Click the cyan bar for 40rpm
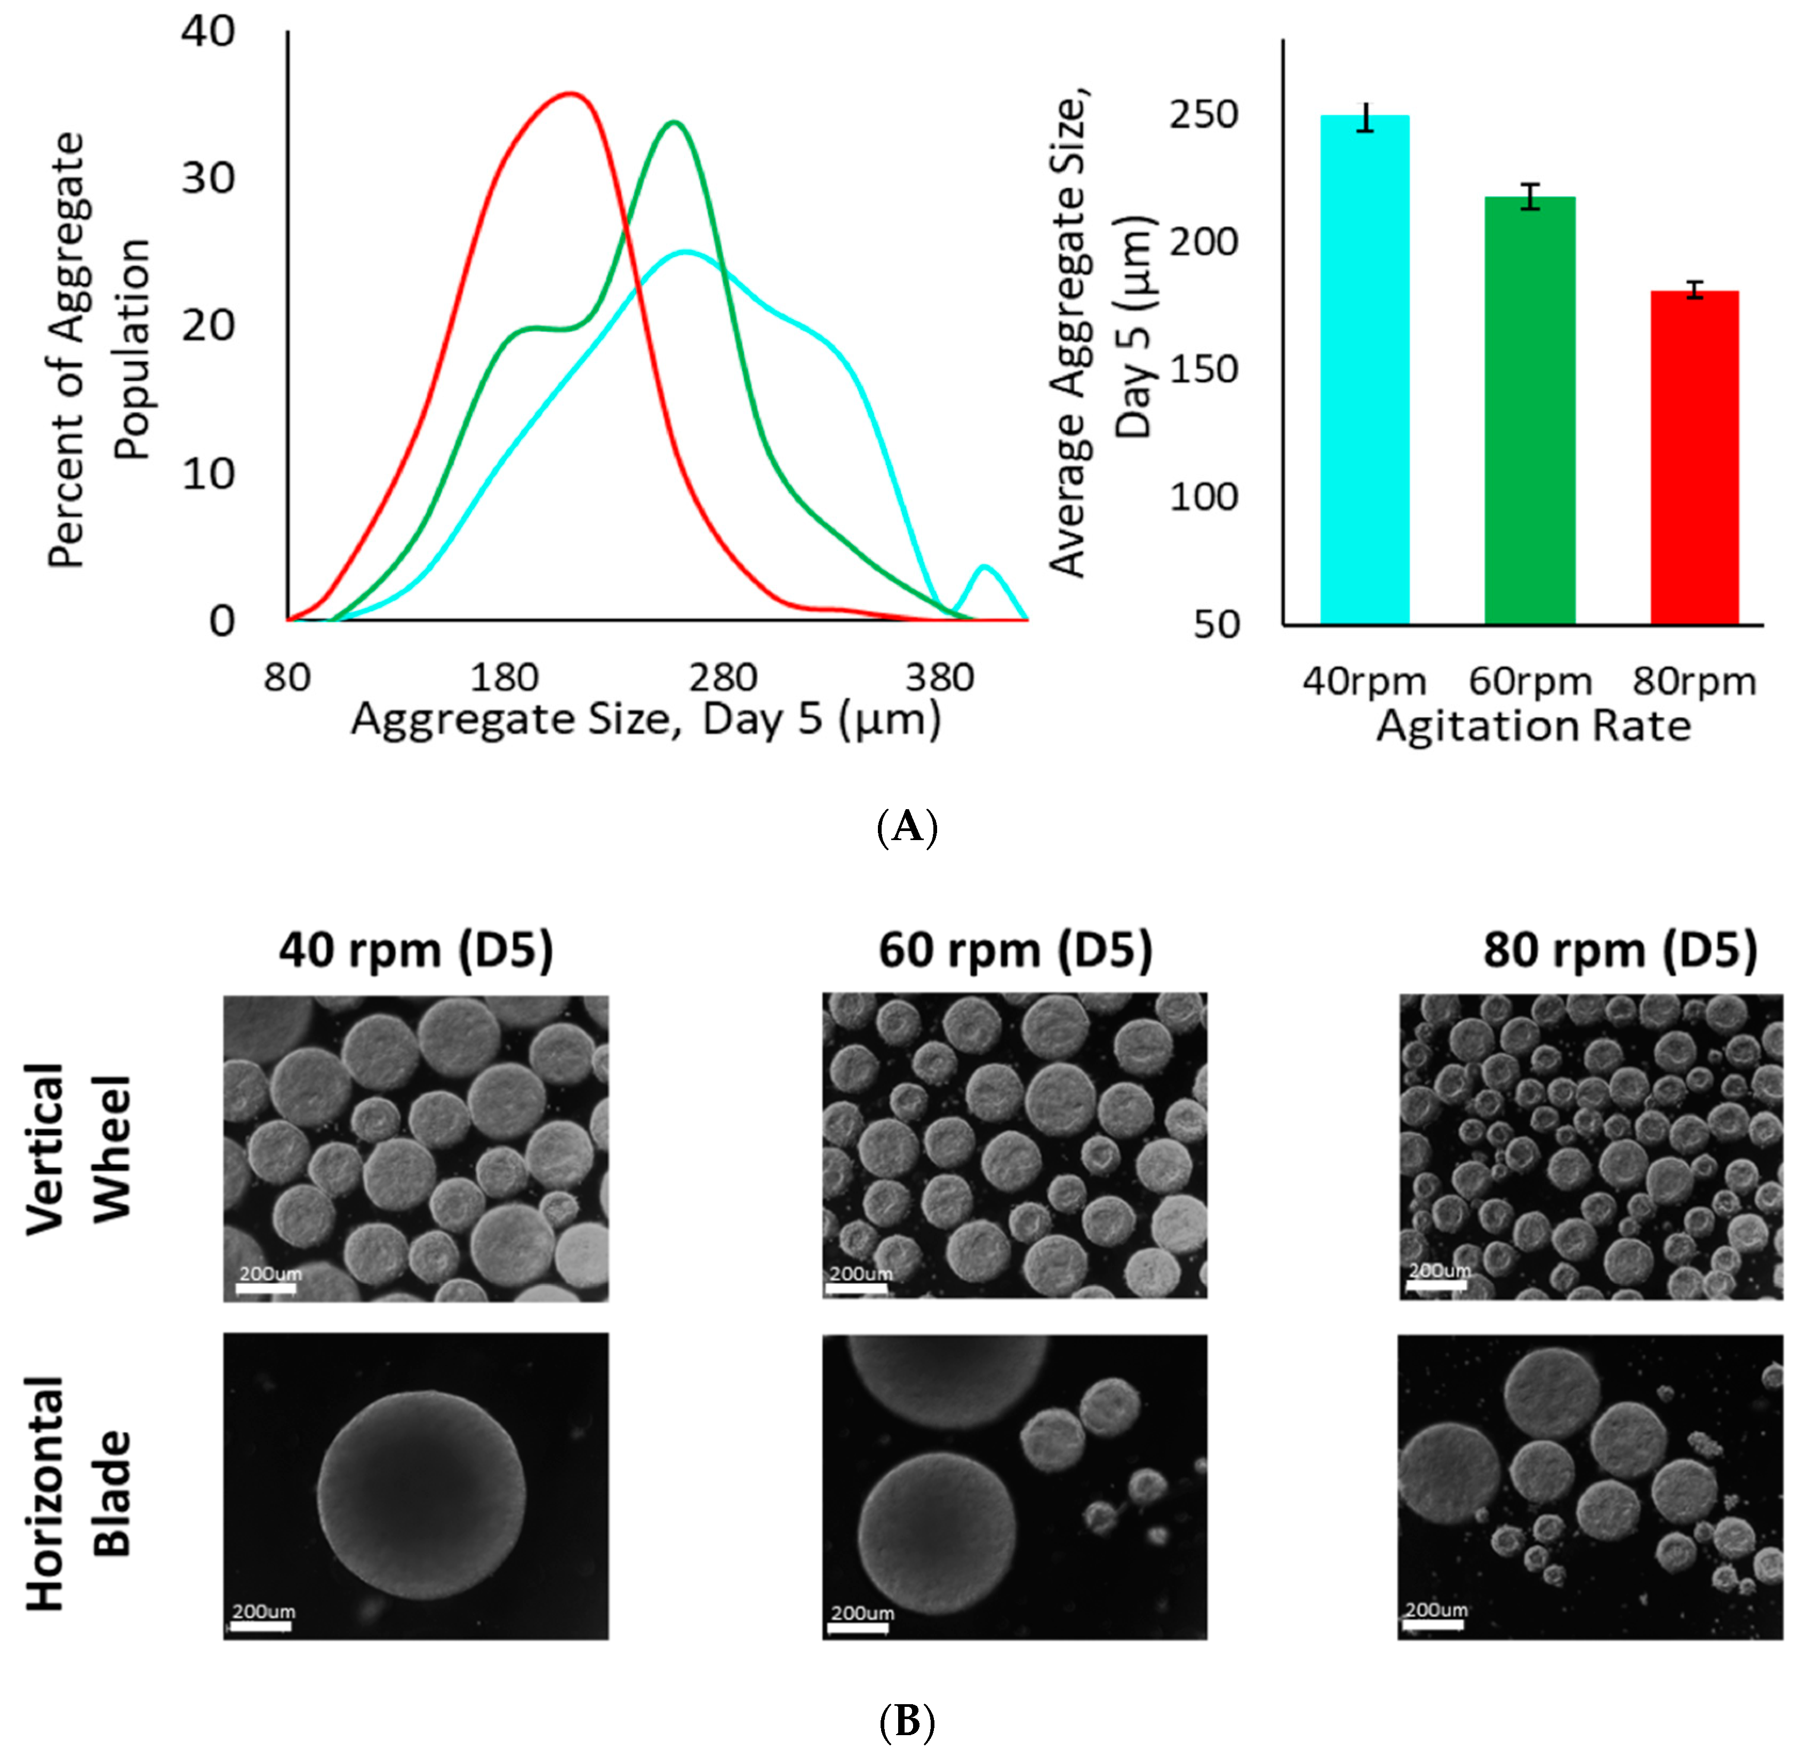point(1364,369)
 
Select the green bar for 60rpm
point(1530,411)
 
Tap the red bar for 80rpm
point(1694,457)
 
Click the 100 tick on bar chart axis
point(1203,497)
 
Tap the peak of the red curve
point(571,93)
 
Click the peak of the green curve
point(674,122)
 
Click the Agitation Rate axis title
point(1533,726)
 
